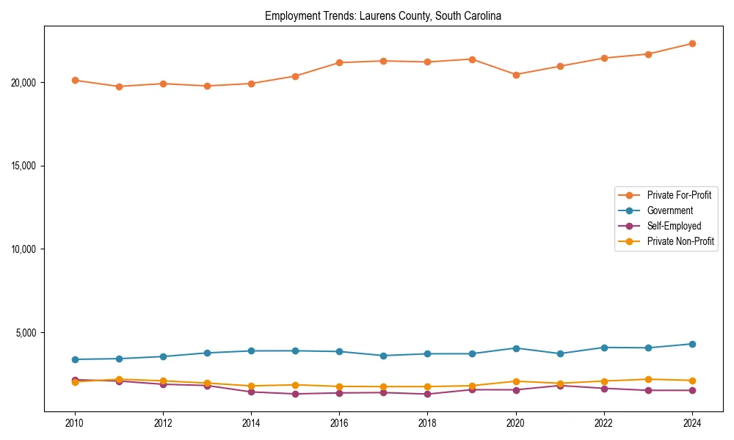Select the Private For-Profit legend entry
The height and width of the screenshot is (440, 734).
[x=679, y=195]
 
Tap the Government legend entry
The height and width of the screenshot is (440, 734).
[x=669, y=210]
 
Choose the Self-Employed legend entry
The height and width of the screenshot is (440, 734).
[x=674, y=226]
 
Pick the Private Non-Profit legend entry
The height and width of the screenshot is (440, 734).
[x=680, y=241]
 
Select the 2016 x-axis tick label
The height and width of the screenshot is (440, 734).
[x=339, y=423]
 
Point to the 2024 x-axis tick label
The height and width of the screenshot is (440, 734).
[x=692, y=423]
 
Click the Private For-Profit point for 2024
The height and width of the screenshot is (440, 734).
[x=692, y=44]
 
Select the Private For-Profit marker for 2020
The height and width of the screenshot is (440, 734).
[x=516, y=75]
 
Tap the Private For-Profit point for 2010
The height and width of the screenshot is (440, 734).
[x=75, y=81]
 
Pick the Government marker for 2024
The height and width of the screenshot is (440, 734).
[x=692, y=344]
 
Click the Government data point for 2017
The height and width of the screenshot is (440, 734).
[x=383, y=356]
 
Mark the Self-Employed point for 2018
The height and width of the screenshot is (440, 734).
[x=427, y=394]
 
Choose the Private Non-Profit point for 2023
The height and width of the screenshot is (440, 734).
[x=648, y=379]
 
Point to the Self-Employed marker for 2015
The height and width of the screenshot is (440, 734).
[x=295, y=394]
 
